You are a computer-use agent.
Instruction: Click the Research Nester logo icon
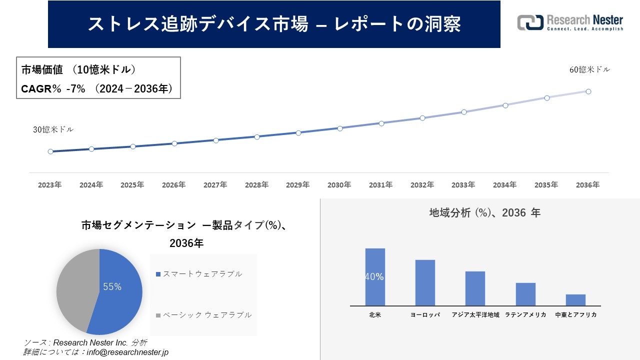(530, 22)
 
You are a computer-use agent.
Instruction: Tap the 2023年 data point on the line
(50, 151)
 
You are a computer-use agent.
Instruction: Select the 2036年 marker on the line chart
(588, 91)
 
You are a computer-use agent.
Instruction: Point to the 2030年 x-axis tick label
(339, 185)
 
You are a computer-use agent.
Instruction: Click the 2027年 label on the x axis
(215, 185)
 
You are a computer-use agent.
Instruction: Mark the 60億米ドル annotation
(589, 70)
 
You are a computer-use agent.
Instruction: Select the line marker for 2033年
(464, 112)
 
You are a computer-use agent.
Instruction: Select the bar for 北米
(375, 277)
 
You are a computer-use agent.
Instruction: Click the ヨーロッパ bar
(425, 282)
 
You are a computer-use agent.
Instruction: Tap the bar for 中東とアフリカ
(575, 300)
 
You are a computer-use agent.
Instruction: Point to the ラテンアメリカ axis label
(525, 315)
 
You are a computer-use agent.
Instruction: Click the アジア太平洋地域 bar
(475, 288)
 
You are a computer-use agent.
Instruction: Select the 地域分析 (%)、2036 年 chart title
(484, 213)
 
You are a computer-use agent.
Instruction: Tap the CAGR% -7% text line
(97, 89)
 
